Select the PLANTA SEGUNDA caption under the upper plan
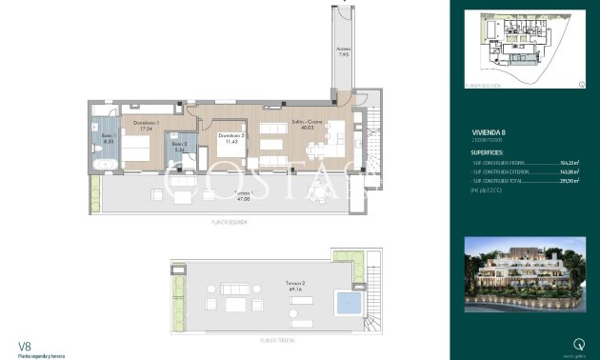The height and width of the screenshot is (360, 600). tap(230, 221)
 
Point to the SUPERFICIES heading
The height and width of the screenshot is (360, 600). tap(493, 151)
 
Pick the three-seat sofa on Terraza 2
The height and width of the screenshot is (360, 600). tap(232, 288)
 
